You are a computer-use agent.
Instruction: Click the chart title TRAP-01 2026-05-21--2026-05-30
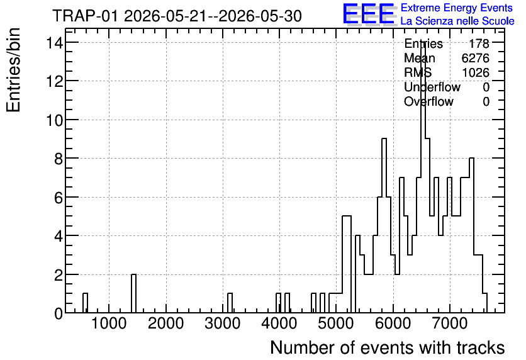coord(177,16)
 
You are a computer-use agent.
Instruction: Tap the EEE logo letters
coord(369,14)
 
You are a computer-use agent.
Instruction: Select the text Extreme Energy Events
coord(457,8)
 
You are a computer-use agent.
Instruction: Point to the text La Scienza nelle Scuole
coord(457,21)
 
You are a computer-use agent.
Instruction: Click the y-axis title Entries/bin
coord(14,70)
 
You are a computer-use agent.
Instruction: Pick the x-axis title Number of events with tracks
coord(388,347)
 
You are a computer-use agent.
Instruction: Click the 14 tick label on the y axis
coord(54,43)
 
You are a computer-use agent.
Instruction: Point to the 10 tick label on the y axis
coord(54,120)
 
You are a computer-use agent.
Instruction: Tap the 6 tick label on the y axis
coord(59,198)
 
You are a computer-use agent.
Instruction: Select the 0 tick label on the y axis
coord(59,313)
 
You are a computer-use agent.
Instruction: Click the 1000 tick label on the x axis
coord(109,323)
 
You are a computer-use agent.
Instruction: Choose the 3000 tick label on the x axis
coord(222,323)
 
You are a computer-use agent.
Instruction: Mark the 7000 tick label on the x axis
coord(449,323)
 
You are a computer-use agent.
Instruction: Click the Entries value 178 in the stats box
coord(479,43)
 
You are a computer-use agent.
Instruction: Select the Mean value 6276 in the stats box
coord(475,58)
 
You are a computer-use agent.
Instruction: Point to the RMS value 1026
coord(475,72)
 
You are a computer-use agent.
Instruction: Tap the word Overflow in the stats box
coord(428,101)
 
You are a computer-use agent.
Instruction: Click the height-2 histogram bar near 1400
coord(133,293)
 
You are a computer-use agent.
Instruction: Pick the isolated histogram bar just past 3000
coord(230,303)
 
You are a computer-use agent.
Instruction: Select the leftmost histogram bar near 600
coord(85,303)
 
